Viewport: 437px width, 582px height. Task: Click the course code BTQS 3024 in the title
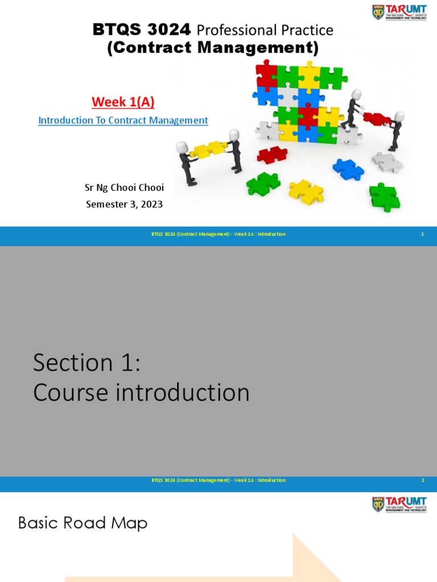point(142,30)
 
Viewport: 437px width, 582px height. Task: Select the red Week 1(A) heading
point(123,102)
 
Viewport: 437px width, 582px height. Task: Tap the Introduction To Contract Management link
point(123,120)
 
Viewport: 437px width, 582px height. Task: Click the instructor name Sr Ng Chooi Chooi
point(124,188)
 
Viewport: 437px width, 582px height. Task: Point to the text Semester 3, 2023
point(124,204)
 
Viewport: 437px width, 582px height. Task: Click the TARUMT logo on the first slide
point(399,12)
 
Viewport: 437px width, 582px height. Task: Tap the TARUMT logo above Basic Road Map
point(399,504)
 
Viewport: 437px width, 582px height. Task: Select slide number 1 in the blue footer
point(422,234)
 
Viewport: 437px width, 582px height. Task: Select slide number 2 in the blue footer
point(422,480)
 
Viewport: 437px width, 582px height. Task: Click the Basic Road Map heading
point(83,523)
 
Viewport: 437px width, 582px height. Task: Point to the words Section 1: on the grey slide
point(86,363)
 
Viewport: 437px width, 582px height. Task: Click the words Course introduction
point(141,393)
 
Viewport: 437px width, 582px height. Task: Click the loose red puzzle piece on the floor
point(272,154)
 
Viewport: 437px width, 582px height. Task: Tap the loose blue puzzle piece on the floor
point(348,169)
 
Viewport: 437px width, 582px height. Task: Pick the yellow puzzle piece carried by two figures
point(209,149)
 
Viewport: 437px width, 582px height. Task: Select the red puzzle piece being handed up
point(376,119)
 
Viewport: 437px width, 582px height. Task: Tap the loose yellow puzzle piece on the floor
point(306,192)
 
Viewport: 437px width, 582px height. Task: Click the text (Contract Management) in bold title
point(213,48)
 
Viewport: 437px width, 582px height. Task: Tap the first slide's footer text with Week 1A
point(218,234)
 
